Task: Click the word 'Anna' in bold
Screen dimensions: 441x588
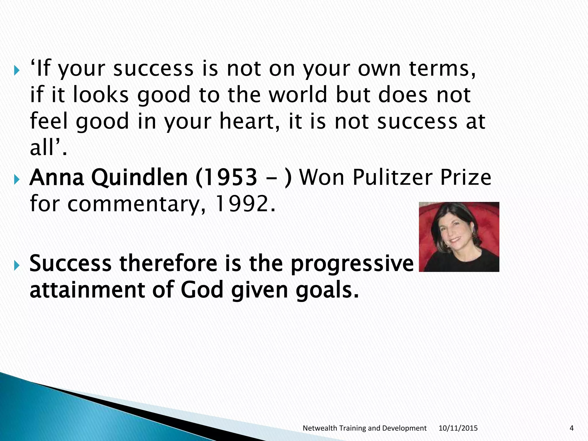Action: (57, 177)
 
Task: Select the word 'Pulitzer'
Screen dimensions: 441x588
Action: (392, 177)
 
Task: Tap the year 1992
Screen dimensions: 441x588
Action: (245, 204)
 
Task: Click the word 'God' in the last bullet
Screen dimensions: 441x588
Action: (202, 290)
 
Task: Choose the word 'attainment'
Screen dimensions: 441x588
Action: (87, 290)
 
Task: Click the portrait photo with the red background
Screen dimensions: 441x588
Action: (459, 237)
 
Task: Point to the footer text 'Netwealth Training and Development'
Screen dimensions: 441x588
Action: (364, 428)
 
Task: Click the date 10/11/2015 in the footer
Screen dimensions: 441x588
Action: (458, 428)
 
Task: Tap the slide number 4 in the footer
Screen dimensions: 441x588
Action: (571, 428)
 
